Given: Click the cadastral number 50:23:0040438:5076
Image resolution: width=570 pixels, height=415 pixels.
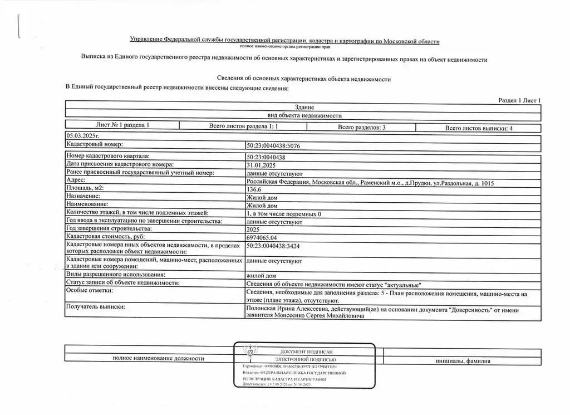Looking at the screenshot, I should pyautogui.click(x=277, y=145).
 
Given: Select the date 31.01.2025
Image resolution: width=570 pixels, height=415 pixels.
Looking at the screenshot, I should pyautogui.click(x=260, y=164).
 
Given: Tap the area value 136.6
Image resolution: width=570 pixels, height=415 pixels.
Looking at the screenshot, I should pyautogui.click(x=253, y=189).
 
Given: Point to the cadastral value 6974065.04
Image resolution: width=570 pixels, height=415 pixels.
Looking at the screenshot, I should pyautogui.click(x=264, y=237).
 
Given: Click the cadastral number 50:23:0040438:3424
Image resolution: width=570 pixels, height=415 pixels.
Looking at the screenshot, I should pyautogui.click(x=277, y=245).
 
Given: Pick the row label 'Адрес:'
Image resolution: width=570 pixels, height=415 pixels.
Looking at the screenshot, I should pyautogui.click(x=76, y=180).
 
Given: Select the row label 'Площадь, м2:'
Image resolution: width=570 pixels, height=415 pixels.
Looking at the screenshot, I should pyautogui.click(x=85, y=189).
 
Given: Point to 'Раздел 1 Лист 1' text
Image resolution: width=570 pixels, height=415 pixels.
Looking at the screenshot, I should pyautogui.click(x=519, y=100).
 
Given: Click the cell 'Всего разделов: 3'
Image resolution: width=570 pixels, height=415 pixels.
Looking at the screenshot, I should pyautogui.click(x=362, y=128).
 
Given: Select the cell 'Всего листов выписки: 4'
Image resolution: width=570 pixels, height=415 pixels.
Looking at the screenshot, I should pyautogui.click(x=479, y=128).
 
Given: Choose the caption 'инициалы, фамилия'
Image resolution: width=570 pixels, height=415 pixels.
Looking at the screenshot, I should pyautogui.click(x=463, y=361).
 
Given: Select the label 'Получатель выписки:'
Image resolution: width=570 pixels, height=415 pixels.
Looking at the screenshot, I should pyautogui.click(x=96, y=307).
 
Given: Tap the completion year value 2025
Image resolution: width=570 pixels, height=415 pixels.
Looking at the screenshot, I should pyautogui.click(x=252, y=229).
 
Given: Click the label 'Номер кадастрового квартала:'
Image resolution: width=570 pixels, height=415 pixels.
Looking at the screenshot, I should pyautogui.click(x=108, y=157).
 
